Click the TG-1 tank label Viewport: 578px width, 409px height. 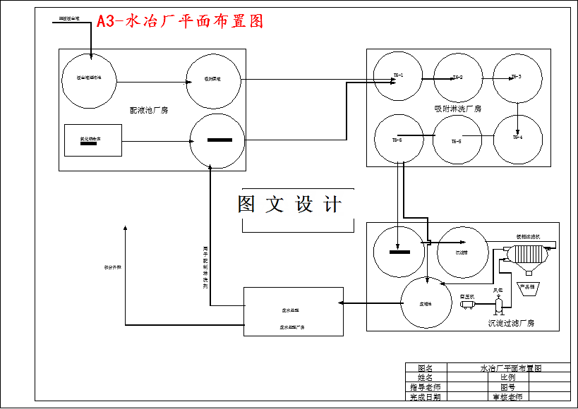398,75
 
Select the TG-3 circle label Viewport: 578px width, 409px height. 516,76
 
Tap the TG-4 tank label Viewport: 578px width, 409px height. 517,138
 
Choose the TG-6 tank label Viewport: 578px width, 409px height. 397,140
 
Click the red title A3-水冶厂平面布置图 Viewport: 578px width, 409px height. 180,21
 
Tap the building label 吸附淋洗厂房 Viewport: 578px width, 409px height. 457,109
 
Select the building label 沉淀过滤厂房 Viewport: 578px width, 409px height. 511,323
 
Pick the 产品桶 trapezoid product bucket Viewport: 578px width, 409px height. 528,288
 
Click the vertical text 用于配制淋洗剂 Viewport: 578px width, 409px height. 205,268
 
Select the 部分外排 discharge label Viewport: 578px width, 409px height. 113,267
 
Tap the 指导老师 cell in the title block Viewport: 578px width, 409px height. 425,387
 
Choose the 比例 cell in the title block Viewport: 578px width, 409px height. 507,377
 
